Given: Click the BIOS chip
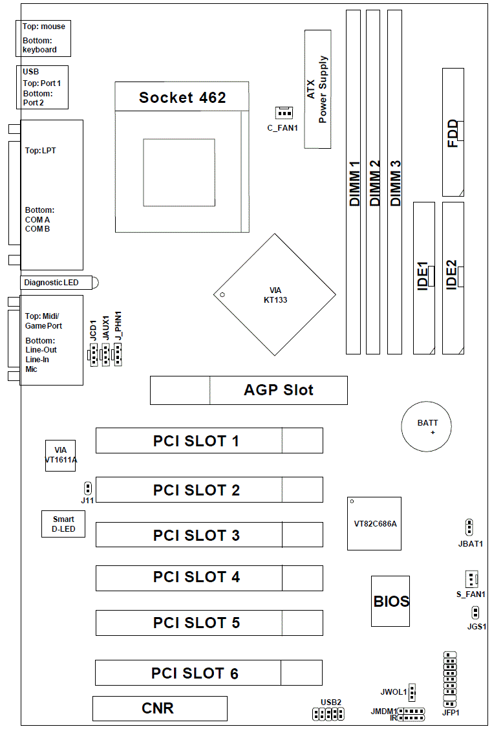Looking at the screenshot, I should click(390, 601).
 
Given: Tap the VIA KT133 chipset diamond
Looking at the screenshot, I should click(275, 295).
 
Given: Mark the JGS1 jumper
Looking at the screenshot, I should click(475, 612).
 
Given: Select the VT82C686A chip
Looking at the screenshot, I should click(374, 523).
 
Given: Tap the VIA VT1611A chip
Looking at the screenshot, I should click(61, 455).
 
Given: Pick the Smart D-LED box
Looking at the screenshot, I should click(63, 524).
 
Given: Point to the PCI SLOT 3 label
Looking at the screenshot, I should click(197, 536).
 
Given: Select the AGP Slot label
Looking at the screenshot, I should click(278, 390).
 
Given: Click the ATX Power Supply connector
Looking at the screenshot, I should click(317, 89).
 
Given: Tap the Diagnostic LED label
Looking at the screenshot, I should click(51, 283).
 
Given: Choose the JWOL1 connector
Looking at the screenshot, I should click(412, 692).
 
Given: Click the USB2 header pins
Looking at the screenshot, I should click(328, 714).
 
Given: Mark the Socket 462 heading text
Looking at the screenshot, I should click(182, 98).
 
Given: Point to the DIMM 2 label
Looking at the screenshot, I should click(374, 184).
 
